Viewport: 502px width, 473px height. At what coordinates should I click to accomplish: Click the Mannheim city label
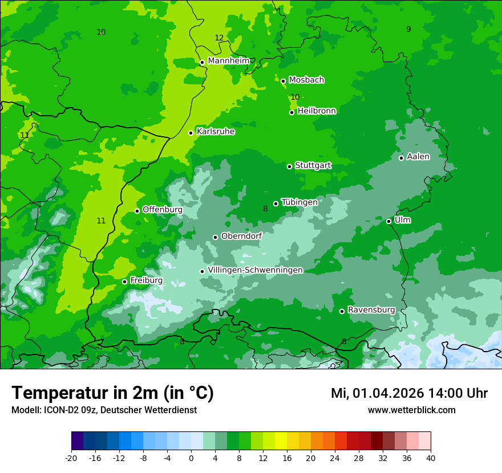click(x=228, y=61)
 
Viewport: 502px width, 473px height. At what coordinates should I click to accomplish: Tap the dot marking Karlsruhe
click(x=191, y=133)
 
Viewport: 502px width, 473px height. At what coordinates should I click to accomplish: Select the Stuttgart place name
click(x=313, y=166)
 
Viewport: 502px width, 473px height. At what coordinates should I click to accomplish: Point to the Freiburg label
click(x=146, y=280)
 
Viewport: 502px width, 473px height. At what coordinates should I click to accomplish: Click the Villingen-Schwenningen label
click(x=255, y=270)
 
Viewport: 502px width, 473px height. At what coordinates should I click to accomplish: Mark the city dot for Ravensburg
click(x=342, y=311)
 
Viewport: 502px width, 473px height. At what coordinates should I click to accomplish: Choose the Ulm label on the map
click(x=402, y=220)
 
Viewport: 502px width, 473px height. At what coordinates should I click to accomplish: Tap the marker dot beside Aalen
click(x=401, y=158)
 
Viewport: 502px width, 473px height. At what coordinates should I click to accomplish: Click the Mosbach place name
click(x=306, y=80)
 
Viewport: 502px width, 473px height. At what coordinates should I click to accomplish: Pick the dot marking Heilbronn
click(x=292, y=112)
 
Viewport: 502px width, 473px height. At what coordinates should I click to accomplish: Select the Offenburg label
click(x=162, y=210)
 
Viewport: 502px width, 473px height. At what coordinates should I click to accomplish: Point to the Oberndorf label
click(x=241, y=236)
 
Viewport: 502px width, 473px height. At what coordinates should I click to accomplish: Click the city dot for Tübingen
click(x=276, y=203)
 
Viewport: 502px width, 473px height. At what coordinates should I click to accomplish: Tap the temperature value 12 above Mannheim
click(x=219, y=38)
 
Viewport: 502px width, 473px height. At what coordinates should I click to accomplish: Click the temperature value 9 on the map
click(x=408, y=29)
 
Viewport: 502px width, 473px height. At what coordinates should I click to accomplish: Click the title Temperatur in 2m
click(x=112, y=393)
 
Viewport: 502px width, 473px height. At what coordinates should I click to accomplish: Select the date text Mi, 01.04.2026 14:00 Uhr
click(x=409, y=393)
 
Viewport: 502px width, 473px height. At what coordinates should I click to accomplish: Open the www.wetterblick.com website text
click(x=411, y=410)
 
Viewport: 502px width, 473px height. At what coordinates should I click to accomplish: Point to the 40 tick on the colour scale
click(x=430, y=458)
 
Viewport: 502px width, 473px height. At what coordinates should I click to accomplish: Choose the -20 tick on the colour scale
click(x=71, y=458)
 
